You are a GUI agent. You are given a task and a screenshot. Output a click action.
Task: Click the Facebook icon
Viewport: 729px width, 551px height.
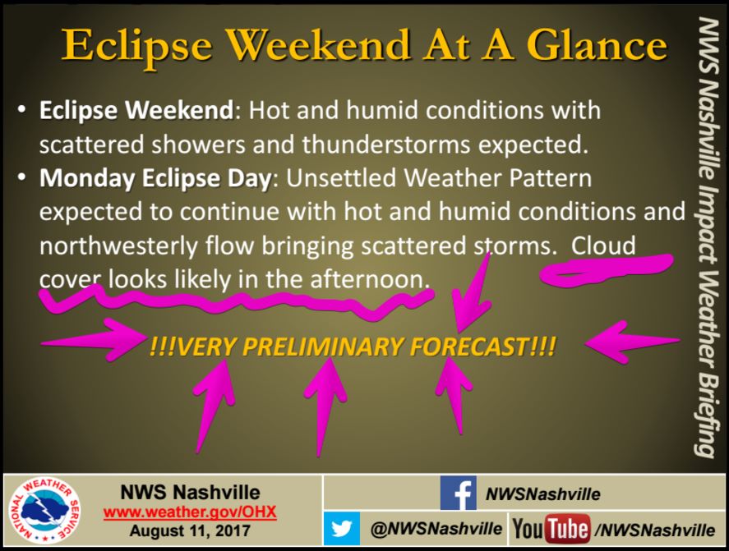(458, 493)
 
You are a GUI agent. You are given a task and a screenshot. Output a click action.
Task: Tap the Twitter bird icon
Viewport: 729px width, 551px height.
(342, 529)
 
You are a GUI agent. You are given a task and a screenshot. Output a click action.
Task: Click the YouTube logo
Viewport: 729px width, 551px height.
(551, 529)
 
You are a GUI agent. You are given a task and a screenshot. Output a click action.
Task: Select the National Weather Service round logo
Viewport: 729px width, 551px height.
(45, 512)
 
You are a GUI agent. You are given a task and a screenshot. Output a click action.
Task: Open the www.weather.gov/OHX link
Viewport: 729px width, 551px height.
(190, 512)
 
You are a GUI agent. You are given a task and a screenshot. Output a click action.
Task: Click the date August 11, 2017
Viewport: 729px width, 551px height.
(190, 530)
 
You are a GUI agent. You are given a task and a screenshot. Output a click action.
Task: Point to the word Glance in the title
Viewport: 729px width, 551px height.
(598, 45)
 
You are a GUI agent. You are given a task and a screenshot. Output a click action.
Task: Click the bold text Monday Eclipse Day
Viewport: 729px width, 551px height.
(155, 179)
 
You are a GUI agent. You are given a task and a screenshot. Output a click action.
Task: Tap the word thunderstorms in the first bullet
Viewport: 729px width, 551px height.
(385, 145)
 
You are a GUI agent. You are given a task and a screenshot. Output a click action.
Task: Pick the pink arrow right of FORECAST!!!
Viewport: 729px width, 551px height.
(633, 342)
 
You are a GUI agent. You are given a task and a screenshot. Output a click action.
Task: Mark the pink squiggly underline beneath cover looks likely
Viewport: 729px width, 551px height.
(236, 302)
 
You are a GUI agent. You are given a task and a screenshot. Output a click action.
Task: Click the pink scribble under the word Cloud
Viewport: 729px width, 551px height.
(607, 269)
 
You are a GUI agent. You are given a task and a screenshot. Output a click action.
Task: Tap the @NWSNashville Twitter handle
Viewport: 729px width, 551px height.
(436, 529)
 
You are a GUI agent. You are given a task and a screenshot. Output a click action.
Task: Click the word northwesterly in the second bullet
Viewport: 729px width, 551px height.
(118, 246)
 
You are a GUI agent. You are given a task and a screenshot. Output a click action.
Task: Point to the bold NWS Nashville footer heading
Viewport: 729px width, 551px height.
(190, 492)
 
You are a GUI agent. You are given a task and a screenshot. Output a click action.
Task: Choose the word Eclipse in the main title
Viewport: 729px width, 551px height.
(137, 46)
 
